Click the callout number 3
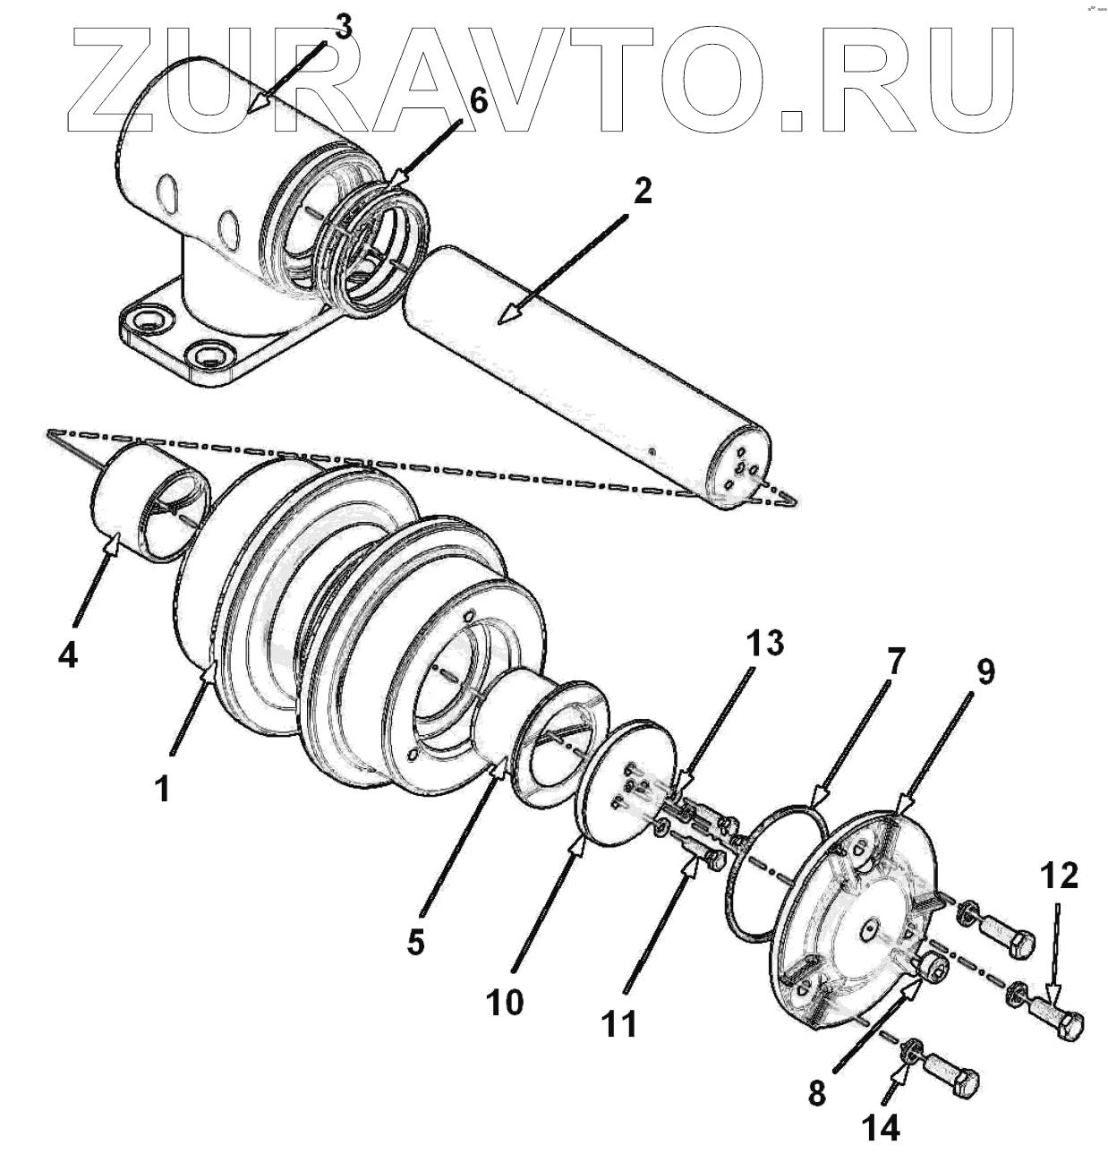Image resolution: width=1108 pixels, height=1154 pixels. point(343,29)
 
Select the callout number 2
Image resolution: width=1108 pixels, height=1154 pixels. point(642,191)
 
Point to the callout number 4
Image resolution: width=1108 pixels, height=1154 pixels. point(67,655)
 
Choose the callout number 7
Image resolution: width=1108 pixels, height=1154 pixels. point(895,663)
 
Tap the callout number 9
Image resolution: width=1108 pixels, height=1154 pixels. point(984,671)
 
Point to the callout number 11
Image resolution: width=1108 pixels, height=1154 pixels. point(618,1022)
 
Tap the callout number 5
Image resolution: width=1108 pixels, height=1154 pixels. point(414,942)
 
